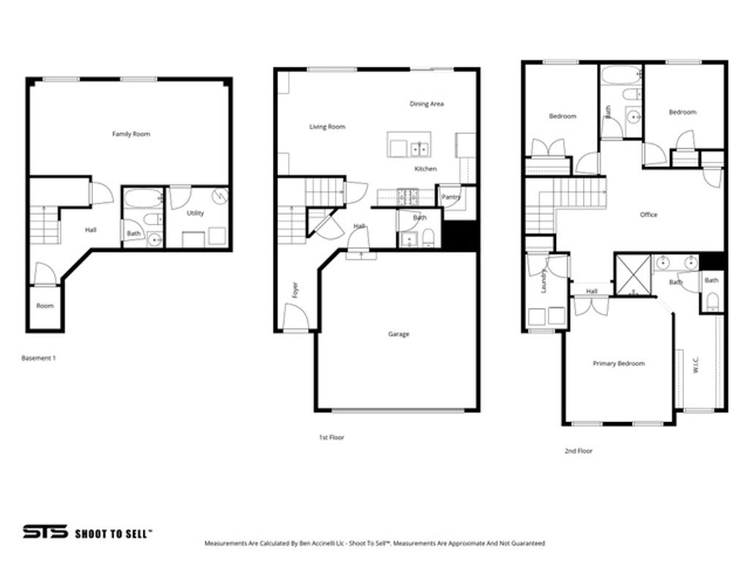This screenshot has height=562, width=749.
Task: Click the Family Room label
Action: (131, 134)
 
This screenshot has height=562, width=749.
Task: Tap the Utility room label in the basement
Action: (195, 213)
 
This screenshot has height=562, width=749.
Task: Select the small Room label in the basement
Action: (45, 306)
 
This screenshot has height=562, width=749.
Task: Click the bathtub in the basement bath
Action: (143, 198)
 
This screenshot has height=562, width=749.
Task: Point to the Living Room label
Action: (327, 127)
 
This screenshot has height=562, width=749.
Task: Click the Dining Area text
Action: (426, 104)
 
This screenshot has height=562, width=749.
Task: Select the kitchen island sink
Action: (419, 149)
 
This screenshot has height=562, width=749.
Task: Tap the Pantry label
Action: (451, 196)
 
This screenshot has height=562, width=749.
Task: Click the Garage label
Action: (399, 334)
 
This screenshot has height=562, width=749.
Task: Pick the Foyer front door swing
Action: (296, 318)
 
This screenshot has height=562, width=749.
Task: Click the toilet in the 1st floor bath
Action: (429, 236)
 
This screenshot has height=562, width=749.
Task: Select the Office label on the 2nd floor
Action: (649, 214)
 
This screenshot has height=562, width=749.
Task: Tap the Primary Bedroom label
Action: (619, 364)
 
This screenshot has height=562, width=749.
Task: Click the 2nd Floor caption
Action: (578, 452)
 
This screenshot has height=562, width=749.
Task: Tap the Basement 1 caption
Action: (39, 358)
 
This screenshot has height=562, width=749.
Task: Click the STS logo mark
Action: (45, 532)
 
